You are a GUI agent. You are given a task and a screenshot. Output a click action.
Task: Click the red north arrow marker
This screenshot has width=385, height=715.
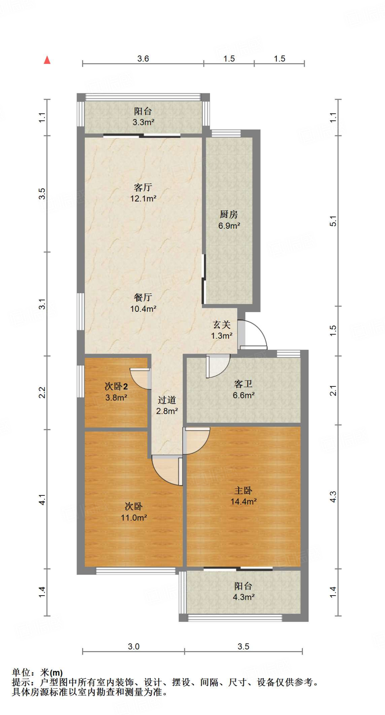tap(47, 60)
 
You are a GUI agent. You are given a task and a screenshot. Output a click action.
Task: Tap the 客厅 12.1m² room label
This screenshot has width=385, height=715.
tap(143, 193)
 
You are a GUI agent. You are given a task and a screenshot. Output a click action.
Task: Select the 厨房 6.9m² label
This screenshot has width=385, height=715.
tap(229, 220)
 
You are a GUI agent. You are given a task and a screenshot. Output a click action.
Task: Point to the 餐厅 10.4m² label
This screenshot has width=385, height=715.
tap(143, 303)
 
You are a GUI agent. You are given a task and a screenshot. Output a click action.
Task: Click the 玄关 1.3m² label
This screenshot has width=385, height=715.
tap(222, 330)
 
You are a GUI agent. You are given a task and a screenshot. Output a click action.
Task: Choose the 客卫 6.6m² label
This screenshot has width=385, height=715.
tap(244, 390)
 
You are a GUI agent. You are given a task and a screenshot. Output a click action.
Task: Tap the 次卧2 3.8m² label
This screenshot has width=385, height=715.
tap(116, 392)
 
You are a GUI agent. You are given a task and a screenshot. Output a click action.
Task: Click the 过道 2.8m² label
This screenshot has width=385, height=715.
tap(167, 405)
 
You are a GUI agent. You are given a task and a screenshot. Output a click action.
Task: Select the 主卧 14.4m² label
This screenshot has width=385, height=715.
tap(244, 496)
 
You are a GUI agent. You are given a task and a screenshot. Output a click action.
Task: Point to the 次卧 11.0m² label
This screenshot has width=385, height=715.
tap(134, 512)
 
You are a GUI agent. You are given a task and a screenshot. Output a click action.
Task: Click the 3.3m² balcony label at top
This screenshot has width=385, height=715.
tap(143, 117)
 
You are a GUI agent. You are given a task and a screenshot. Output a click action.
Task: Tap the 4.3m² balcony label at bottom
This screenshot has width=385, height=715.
tap(244, 591)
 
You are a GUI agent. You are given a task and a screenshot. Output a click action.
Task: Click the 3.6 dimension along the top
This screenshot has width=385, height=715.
tap(143, 59)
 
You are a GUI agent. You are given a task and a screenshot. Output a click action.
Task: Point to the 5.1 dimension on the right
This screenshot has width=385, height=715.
tap(333, 221)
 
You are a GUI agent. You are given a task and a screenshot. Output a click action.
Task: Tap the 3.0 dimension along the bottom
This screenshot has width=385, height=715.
tap(133, 647)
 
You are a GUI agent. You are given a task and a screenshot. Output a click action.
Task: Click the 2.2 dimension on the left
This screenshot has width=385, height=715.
tap(42, 392)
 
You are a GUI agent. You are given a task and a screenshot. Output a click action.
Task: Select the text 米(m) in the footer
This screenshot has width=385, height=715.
tap(51, 672)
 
